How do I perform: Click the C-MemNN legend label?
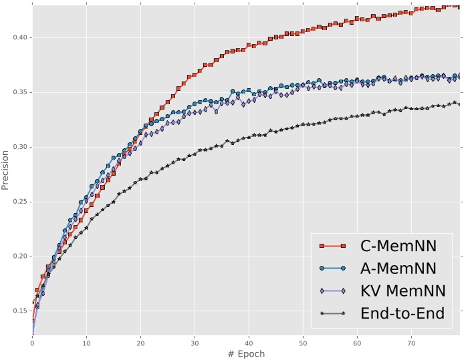[398, 246]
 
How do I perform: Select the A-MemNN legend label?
[398, 268]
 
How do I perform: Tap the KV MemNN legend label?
[402, 291]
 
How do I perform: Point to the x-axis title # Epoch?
[246, 353]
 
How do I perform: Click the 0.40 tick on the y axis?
[19, 37]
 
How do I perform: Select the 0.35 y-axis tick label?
[19, 92]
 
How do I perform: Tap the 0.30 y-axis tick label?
[19, 147]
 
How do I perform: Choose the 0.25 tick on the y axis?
[19, 202]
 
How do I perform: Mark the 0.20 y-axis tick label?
[19, 256]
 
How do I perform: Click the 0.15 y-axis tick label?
[19, 311]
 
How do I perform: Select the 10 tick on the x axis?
[86, 343]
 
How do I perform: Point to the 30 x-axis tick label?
[195, 343]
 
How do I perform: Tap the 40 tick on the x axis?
[249, 343]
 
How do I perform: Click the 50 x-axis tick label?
[303, 343]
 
